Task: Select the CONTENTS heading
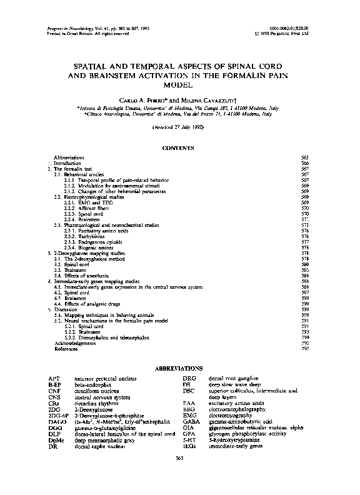pos(179,147)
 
